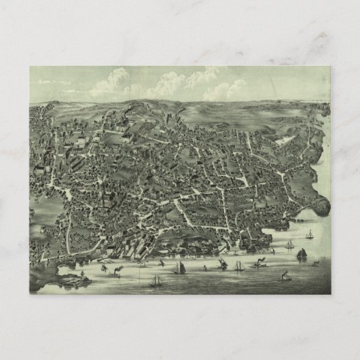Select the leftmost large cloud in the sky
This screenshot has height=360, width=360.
coord(109,82)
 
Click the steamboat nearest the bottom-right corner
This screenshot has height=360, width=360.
coord(286,276)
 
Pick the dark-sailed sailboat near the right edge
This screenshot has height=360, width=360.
coord(301,254)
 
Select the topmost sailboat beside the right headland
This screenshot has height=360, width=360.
coord(310,234)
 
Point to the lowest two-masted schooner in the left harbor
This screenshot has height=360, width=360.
coord(156,279)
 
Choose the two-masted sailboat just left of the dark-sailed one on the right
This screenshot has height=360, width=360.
coord(289,245)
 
